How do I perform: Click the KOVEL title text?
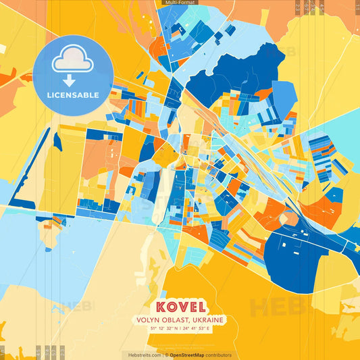pyautogui.click(x=180, y=306)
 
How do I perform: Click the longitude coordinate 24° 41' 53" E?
pyautogui.click(x=202, y=329)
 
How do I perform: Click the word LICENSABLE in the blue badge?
pyautogui.click(x=73, y=95)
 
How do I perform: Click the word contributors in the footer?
pyautogui.click(x=218, y=355)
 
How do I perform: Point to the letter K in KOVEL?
pyautogui.click(x=160, y=306)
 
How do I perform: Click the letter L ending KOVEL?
pyautogui.click(x=199, y=306)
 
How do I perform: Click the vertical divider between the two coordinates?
pyautogui.click(x=180, y=329)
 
